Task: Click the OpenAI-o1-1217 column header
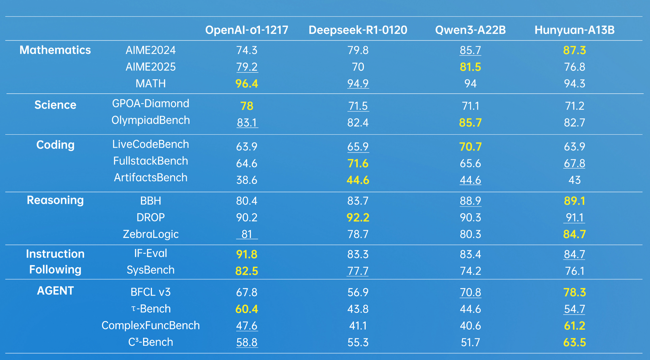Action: point(247,30)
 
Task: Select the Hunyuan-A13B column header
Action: point(574,30)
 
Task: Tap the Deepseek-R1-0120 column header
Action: point(358,30)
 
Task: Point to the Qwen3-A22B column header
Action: point(470,30)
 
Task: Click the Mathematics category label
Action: point(55,50)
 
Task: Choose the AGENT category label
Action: point(55,291)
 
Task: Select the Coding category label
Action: point(55,145)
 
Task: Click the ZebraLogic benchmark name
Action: point(151,234)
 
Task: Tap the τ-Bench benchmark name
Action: point(151,309)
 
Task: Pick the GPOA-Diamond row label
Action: point(151,104)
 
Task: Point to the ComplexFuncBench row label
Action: point(151,325)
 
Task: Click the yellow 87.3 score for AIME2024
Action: point(574,50)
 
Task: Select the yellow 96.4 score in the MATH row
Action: point(247,84)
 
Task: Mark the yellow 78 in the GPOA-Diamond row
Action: point(247,106)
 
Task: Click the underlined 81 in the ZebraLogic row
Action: point(247,234)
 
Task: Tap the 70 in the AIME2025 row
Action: point(358,67)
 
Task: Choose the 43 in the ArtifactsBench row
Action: point(574,180)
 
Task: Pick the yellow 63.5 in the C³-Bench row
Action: point(574,342)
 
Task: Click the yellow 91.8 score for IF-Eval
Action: point(247,254)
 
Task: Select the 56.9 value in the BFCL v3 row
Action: point(358,292)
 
